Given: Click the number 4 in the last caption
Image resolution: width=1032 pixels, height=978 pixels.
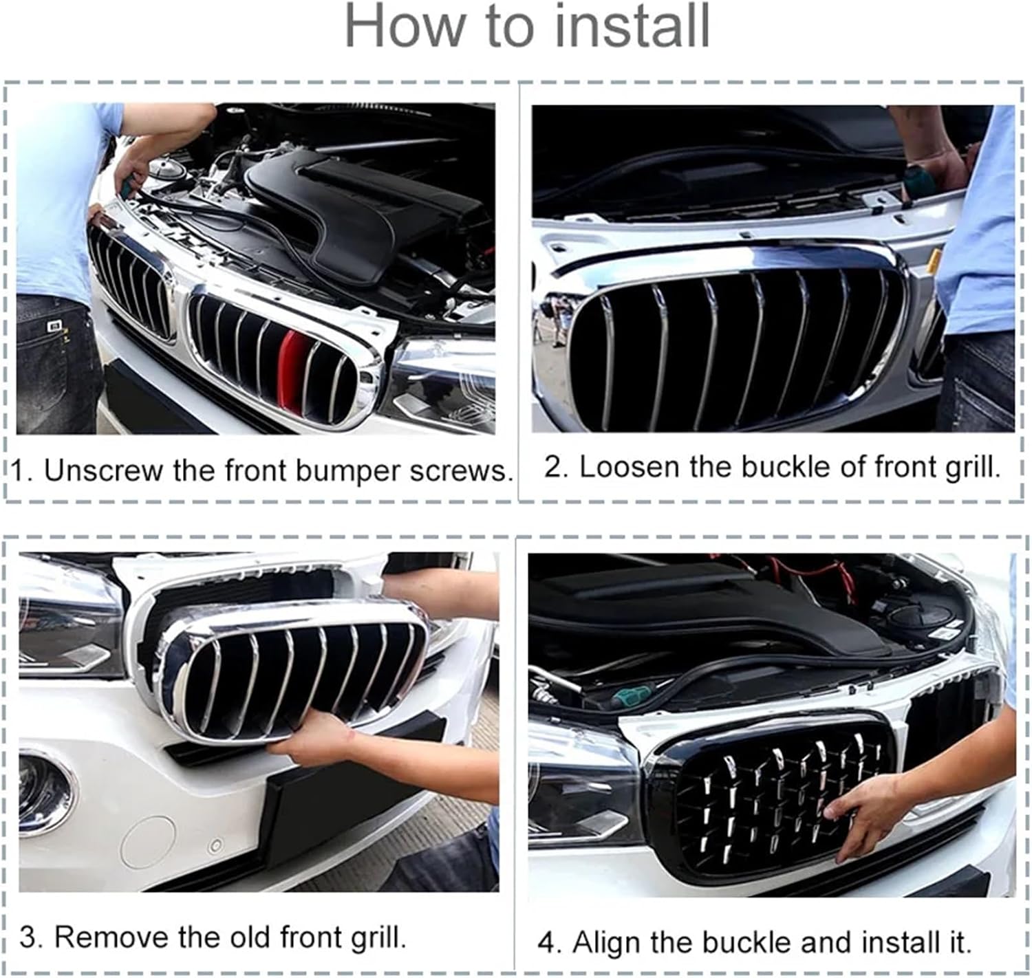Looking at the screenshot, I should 547,942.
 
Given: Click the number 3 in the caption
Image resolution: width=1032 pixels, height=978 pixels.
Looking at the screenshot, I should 29,937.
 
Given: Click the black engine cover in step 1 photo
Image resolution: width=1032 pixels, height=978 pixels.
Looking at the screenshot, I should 344,206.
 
